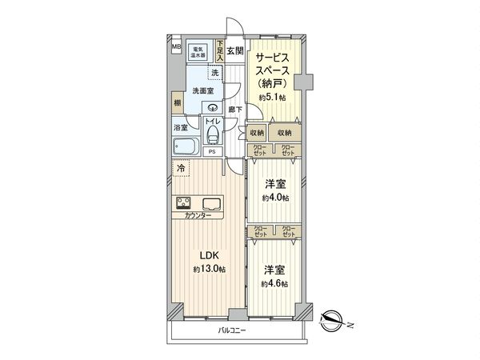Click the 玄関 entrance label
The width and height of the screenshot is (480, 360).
click(234, 52)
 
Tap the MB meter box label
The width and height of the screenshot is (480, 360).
click(176, 48)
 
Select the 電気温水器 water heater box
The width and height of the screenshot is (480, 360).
click(198, 52)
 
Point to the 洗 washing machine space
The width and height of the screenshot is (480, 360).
click(214, 74)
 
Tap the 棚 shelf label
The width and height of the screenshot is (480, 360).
click(176, 103)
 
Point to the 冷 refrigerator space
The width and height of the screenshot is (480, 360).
click(182, 170)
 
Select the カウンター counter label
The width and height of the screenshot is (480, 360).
click(198, 217)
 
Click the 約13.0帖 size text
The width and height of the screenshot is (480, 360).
click(209, 270)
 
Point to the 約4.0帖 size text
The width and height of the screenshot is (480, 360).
click(274, 198)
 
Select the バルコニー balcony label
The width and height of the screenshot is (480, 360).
click(234, 330)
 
